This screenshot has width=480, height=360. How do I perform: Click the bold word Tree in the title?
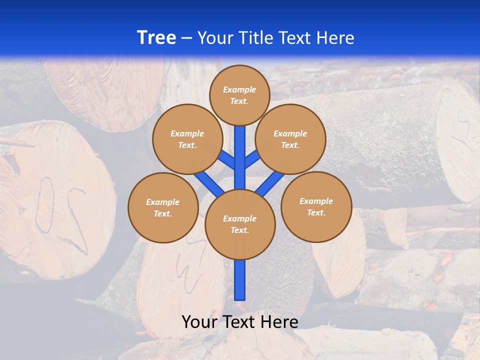tap(156, 37)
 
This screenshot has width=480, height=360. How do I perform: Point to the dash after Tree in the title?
tap(186, 38)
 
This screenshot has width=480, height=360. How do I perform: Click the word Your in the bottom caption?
tap(199, 322)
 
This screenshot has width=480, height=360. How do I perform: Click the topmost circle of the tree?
tap(239, 95)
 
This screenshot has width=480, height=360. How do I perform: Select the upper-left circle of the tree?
tap(187, 139)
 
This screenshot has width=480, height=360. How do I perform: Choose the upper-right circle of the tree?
tap(290, 139)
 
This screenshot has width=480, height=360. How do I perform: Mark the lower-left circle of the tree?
tap(163, 207)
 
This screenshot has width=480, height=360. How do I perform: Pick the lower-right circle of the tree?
tap(316, 206)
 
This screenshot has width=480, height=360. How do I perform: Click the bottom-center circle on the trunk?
tap(240, 224)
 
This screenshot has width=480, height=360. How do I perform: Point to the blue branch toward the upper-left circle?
tap(227, 160)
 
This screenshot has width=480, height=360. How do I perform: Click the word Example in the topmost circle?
tap(239, 89)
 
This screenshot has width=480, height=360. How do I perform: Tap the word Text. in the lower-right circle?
tap(316, 212)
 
